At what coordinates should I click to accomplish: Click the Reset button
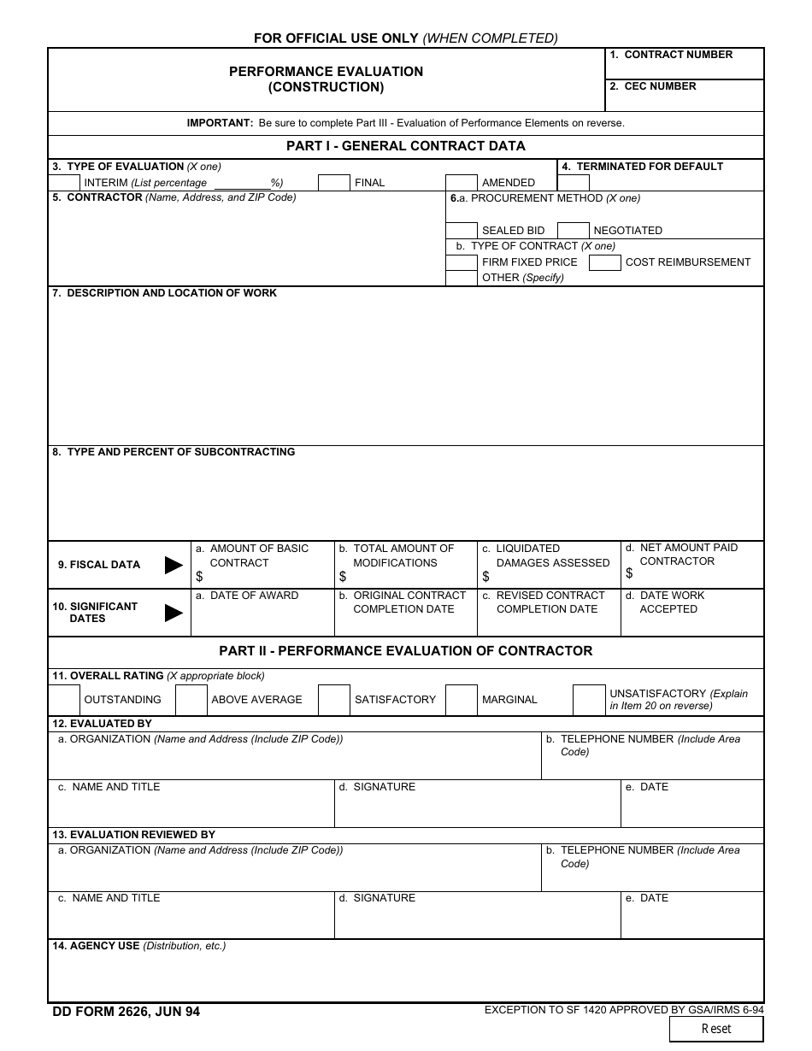tap(715, 1029)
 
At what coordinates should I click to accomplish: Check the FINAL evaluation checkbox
tap(334, 182)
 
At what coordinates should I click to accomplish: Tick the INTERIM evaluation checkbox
tap(64, 182)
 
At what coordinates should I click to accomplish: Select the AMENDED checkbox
tap(462, 182)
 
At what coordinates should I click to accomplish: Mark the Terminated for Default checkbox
tap(574, 182)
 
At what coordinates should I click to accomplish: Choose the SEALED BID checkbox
tap(462, 230)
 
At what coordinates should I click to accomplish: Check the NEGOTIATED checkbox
tap(574, 230)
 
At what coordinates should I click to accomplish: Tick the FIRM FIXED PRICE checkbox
tap(462, 262)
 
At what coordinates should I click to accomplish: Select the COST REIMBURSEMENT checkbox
tap(605, 262)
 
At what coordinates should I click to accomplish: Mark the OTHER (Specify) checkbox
tap(462, 278)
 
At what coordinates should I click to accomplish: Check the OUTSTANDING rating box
tap(64, 700)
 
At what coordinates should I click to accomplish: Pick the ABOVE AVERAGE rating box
tap(191, 700)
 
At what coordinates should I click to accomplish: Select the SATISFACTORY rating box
tap(334, 700)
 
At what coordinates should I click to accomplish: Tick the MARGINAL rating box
tap(462, 700)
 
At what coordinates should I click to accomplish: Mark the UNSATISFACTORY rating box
tap(589, 700)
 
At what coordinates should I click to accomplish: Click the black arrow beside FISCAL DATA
tap(174, 565)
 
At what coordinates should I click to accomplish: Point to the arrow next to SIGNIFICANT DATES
tap(174, 613)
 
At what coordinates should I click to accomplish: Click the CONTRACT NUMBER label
tap(678, 55)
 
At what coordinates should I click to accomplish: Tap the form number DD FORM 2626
tap(127, 1012)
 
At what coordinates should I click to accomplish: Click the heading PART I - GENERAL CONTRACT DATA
tap(406, 146)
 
